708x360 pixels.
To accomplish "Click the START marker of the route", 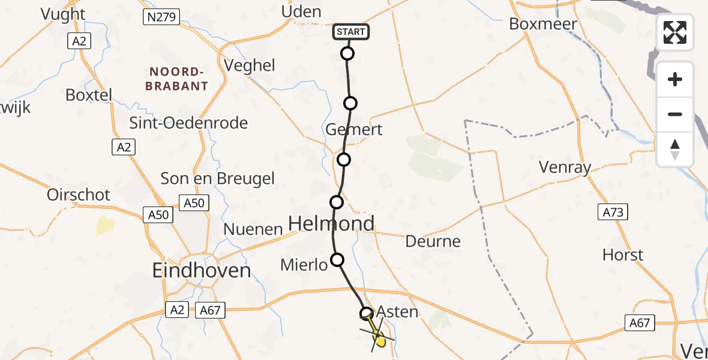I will tap(351, 32).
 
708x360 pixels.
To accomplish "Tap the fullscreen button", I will tap(675, 32).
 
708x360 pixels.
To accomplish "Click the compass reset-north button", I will tap(675, 149).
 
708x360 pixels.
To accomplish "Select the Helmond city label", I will tap(331, 224).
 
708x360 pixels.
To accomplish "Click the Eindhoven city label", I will tap(202, 271).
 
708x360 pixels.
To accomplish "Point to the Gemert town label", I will tap(353, 130).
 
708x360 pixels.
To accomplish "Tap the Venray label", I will tap(565, 167).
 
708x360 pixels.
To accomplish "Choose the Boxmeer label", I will tap(542, 24).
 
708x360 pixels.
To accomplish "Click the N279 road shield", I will tap(161, 17).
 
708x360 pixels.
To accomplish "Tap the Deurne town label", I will tap(433, 241).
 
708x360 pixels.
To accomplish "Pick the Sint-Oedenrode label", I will tap(189, 123).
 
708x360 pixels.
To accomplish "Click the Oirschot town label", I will tap(79, 194).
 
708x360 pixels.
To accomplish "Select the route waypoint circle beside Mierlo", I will tap(338, 260).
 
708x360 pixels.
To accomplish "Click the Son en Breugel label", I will tap(217, 178).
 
